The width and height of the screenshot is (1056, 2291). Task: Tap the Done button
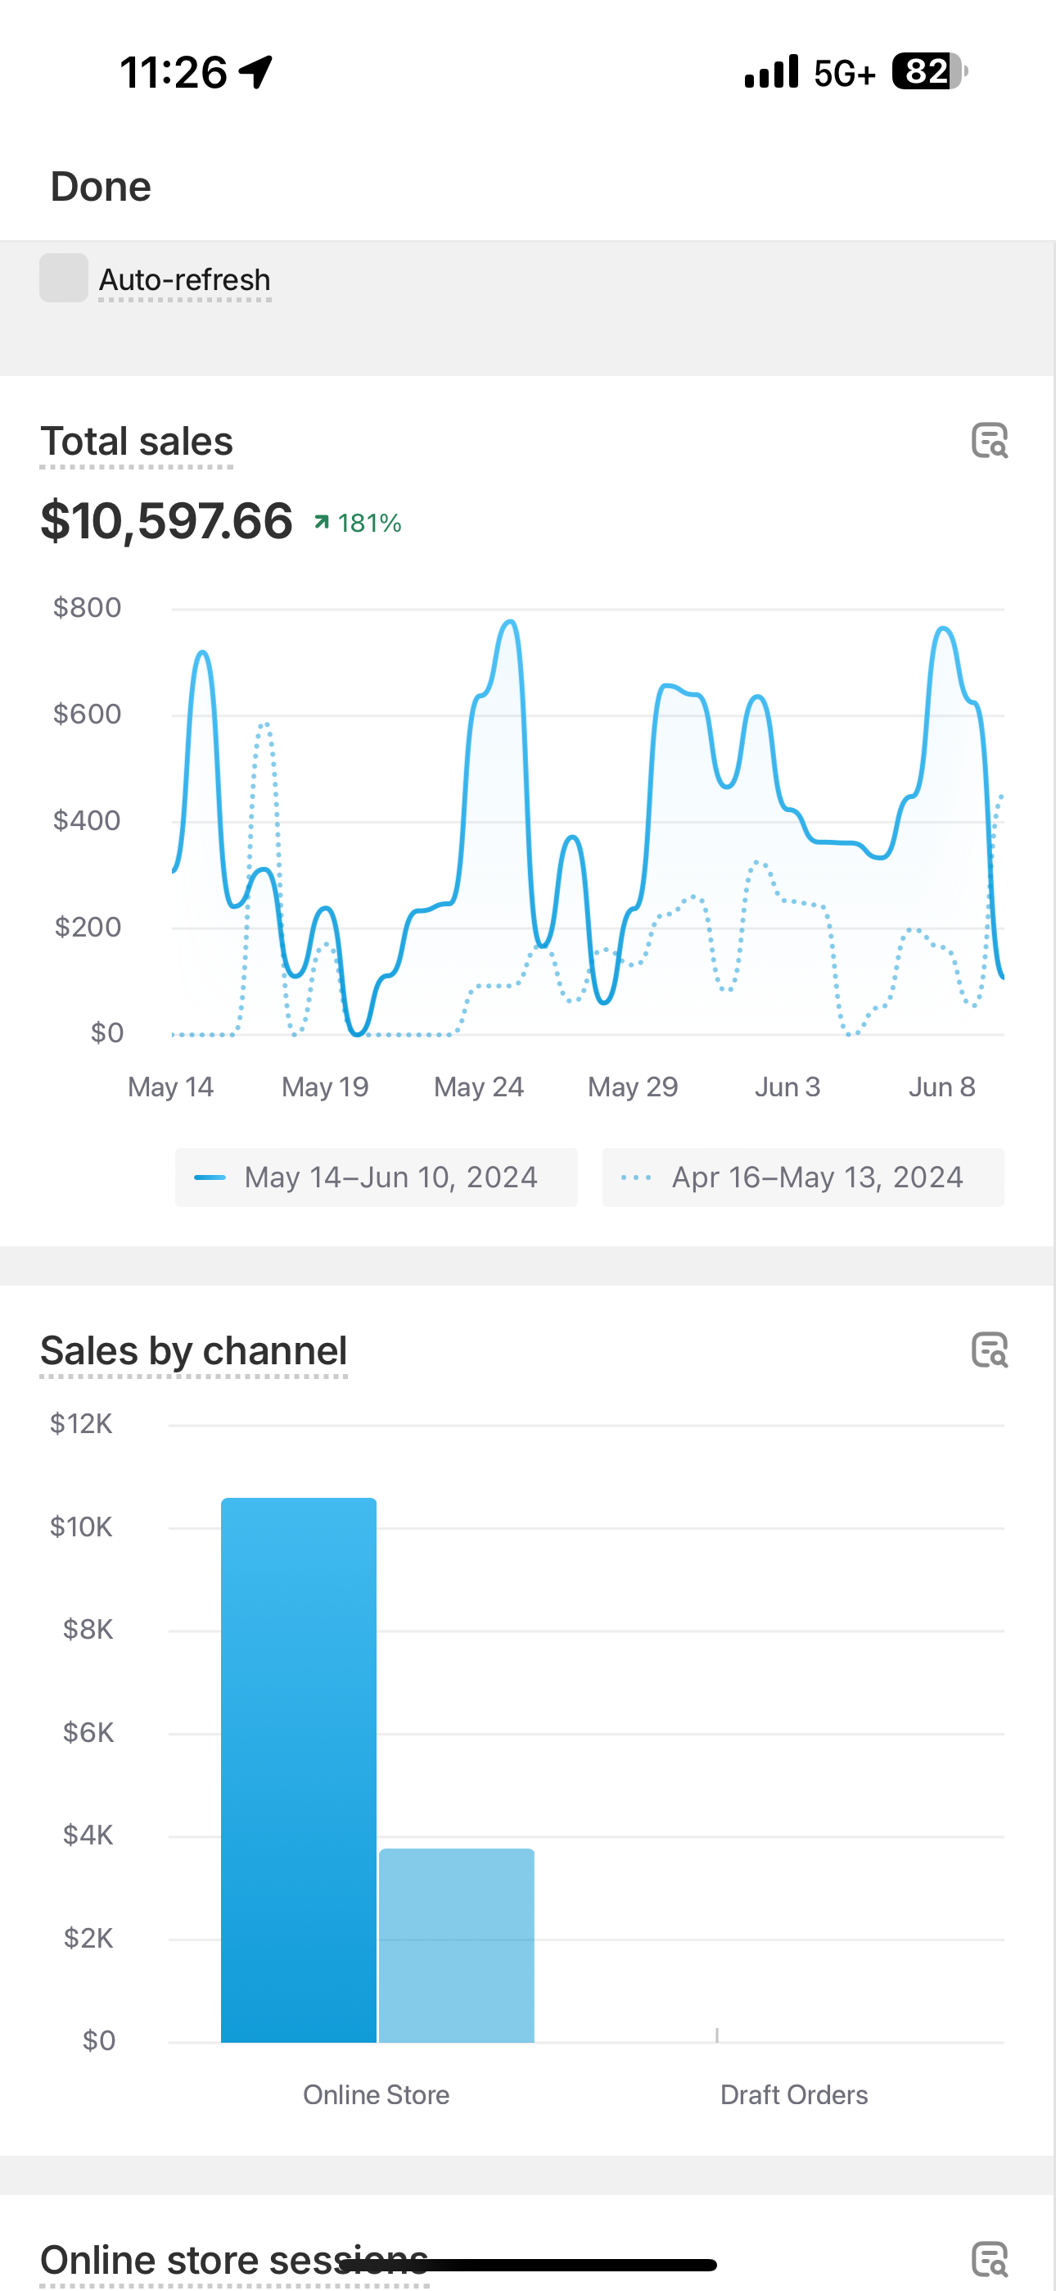(x=101, y=187)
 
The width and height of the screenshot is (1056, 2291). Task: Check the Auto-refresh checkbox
(x=64, y=279)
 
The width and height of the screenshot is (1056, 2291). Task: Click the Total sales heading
(x=137, y=442)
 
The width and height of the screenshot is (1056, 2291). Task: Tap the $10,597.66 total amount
(x=166, y=521)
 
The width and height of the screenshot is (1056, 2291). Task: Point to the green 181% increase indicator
(x=359, y=523)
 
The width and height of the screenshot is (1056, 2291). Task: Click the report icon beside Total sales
(x=990, y=440)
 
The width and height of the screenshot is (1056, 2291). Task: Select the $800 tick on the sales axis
(x=87, y=608)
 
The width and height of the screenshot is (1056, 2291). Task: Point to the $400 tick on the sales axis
(x=87, y=820)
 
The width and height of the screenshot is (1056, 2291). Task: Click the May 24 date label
(x=478, y=1087)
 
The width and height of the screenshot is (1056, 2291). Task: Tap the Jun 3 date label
(x=787, y=1087)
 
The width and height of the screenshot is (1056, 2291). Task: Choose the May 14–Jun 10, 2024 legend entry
(x=376, y=1177)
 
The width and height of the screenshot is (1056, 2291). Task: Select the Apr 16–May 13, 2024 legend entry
(x=803, y=1177)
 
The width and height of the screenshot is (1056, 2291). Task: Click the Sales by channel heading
(x=194, y=1351)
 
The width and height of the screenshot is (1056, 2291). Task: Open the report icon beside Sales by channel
(x=990, y=1350)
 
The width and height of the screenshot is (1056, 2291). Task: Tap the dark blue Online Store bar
(x=299, y=1770)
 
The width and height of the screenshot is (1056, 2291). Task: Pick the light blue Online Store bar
(x=457, y=1946)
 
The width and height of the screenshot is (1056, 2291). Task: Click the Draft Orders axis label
(x=794, y=2095)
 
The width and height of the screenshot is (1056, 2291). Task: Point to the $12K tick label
(x=81, y=1424)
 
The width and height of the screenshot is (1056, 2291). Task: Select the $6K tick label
(x=88, y=1732)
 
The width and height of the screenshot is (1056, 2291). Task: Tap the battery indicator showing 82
(x=929, y=71)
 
